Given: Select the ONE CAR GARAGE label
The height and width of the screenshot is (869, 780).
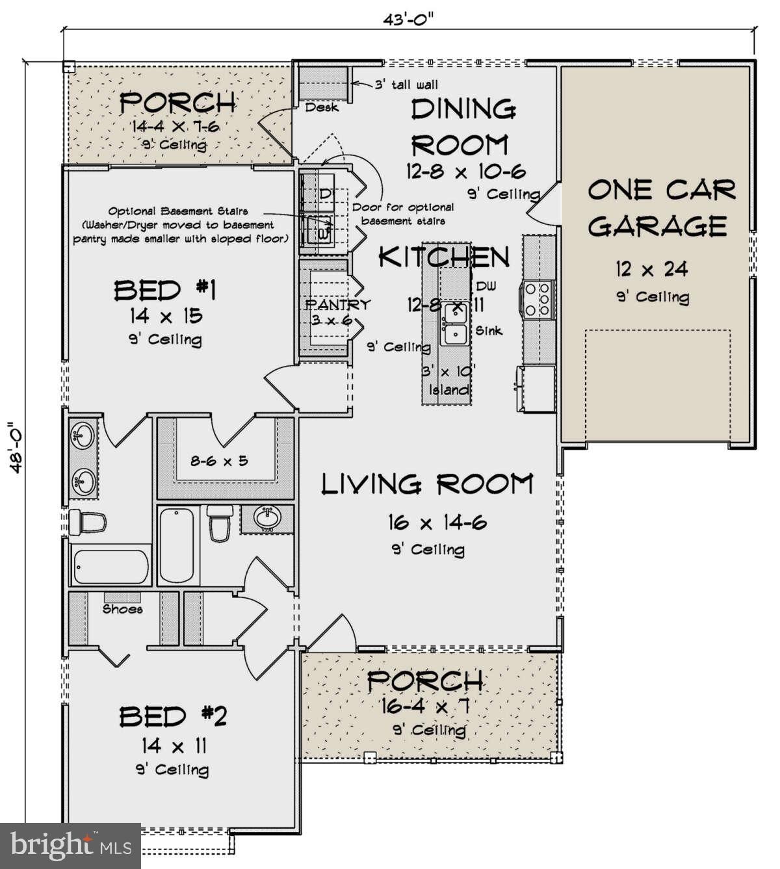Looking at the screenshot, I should coord(661,208).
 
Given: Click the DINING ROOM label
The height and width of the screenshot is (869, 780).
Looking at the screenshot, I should coord(463,125).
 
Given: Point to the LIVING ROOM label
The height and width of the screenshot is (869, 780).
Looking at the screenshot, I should coord(427,484).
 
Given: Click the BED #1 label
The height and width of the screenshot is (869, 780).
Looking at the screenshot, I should coord(165,290).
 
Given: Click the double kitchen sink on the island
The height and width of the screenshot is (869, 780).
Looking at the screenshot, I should coord(453,326).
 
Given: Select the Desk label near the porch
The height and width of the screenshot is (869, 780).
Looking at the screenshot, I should coord(322,107).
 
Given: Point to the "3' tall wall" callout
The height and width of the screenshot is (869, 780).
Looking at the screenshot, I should coord(406,84).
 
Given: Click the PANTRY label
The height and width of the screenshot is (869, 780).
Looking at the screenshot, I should coord(338,304).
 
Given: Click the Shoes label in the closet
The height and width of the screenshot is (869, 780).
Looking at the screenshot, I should coord(122,609).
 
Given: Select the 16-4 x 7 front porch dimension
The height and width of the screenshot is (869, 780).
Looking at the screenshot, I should coord(427,705).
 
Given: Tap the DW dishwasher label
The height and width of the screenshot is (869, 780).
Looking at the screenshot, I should coord(486,287).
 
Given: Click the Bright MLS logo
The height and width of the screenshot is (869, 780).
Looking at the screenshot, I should coord(70,846).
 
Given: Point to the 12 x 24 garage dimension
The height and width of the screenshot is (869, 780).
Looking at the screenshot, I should coord(652,268).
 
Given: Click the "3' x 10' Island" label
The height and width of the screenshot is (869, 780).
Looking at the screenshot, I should coord(448,381).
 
